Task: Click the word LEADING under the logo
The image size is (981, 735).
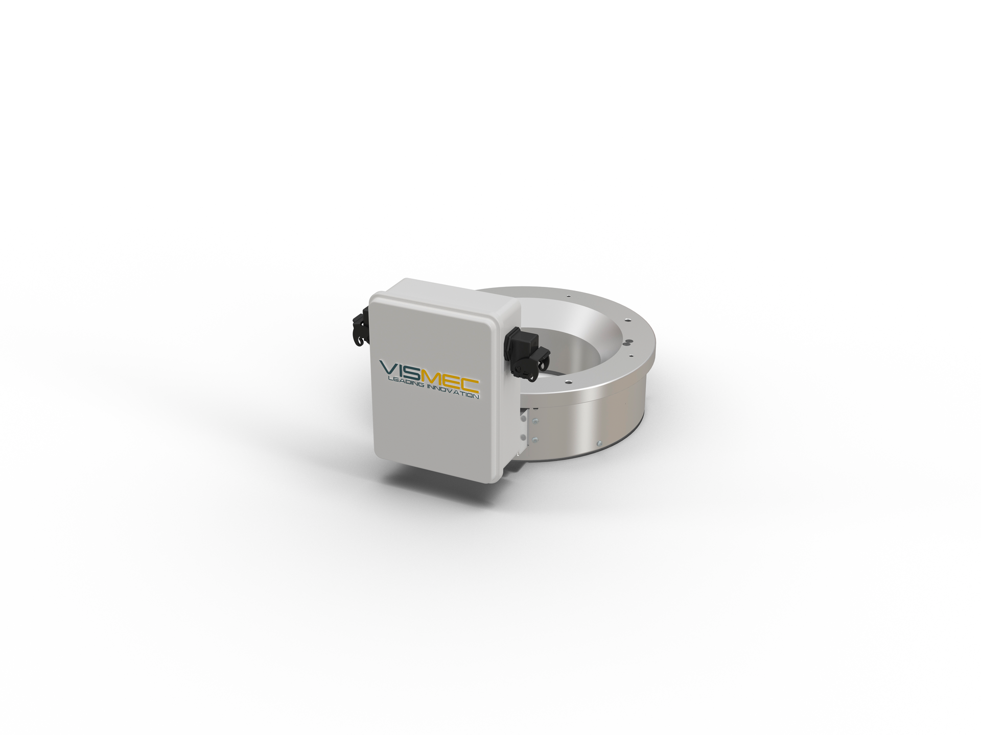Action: point(406,384)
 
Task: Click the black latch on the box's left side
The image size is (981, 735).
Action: point(361,327)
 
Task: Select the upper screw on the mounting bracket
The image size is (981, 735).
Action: point(535,422)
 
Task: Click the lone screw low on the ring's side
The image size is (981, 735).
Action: point(599,443)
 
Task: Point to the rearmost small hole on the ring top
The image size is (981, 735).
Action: point(568,295)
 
